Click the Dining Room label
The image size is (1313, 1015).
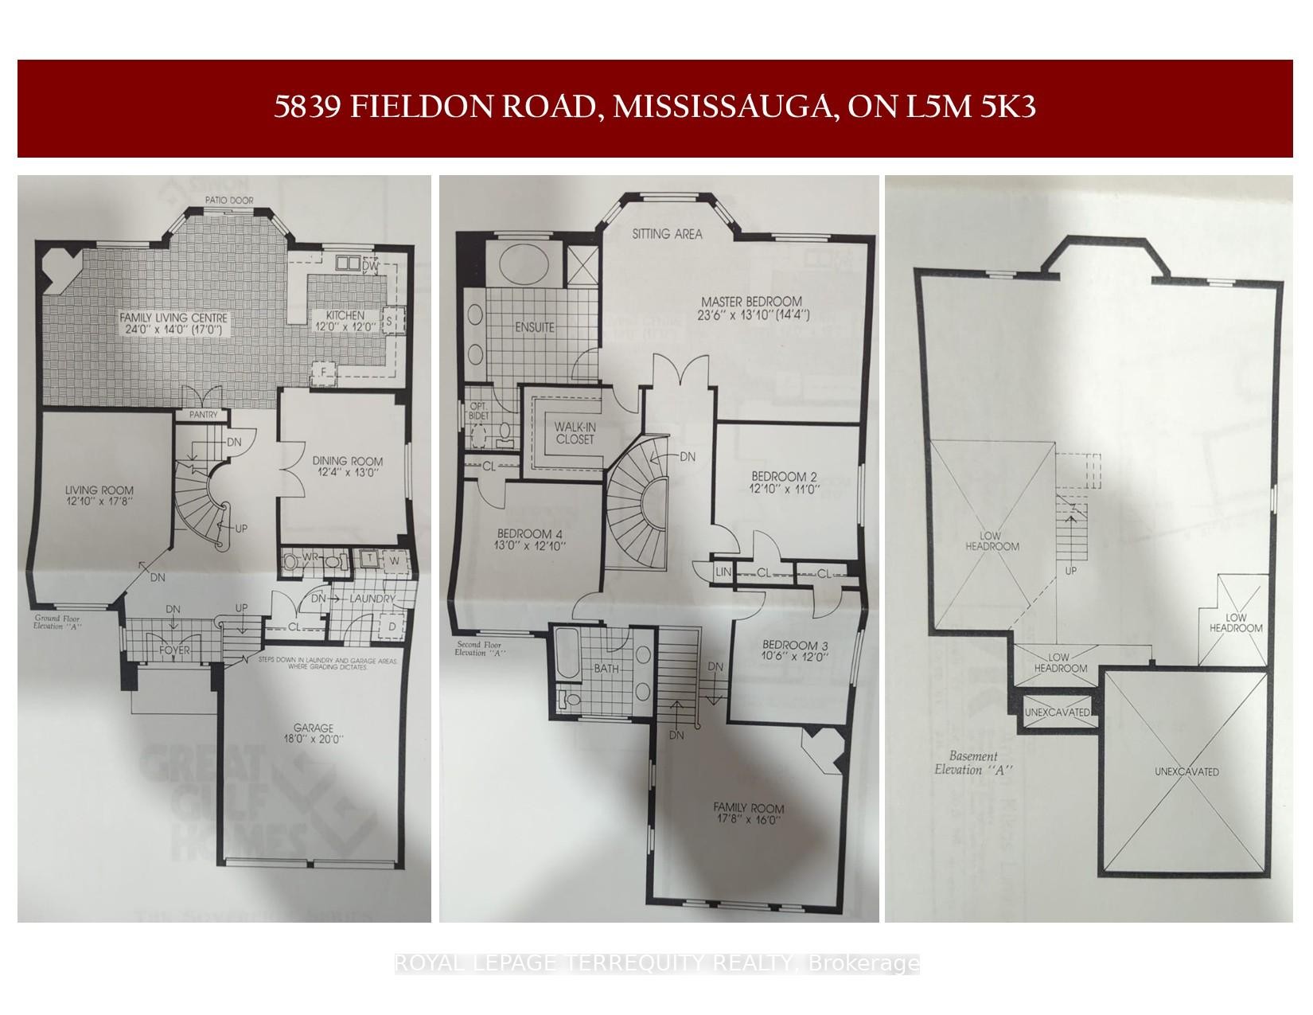point(346,461)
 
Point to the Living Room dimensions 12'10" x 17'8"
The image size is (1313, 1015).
point(99,502)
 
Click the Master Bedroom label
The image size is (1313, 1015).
point(751,302)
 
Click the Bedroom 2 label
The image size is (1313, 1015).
point(784,478)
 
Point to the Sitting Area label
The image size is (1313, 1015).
point(667,234)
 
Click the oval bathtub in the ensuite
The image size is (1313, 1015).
point(521,265)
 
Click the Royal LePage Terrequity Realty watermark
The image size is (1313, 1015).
point(656,964)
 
